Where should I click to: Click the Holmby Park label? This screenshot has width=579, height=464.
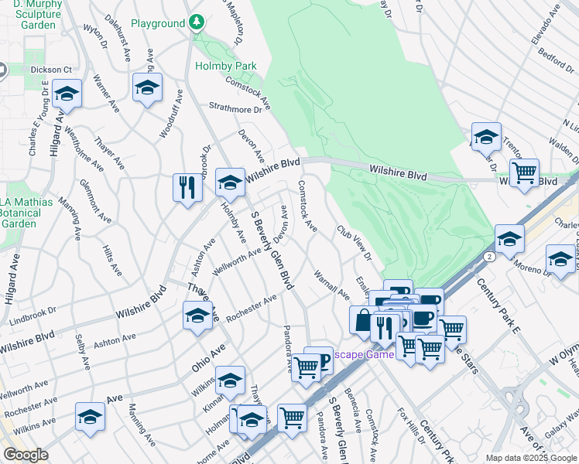tap(226, 67)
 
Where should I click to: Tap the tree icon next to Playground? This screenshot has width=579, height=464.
tap(197, 22)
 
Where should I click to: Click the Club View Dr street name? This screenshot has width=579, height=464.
tap(354, 242)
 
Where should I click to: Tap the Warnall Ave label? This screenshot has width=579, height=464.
tap(331, 283)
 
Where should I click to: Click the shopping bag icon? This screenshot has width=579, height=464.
tap(363, 319)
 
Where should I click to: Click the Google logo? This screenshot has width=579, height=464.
tap(26, 455)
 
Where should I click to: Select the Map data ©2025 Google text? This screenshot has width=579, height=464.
tap(530, 458)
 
